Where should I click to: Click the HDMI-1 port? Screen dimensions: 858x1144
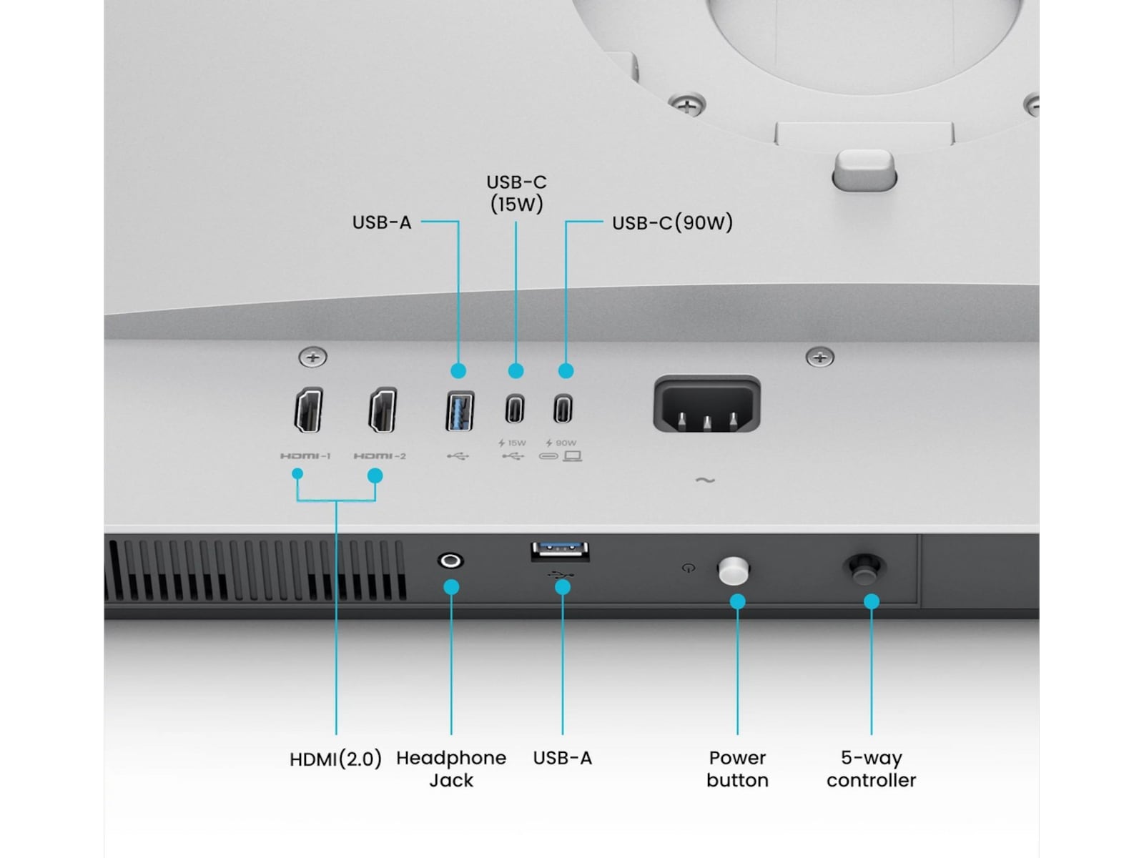click(x=309, y=410)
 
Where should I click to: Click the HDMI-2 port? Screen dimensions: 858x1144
click(x=383, y=410)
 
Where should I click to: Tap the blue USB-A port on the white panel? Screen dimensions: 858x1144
click(x=460, y=410)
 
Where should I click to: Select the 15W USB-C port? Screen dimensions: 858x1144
click(x=515, y=410)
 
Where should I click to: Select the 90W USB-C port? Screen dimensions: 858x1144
click(x=563, y=410)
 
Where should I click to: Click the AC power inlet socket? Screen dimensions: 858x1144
click(x=706, y=405)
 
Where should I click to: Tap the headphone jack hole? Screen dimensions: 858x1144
click(x=450, y=561)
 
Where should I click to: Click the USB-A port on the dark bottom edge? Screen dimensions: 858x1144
click(x=560, y=551)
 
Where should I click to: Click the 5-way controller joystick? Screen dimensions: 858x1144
click(x=864, y=568)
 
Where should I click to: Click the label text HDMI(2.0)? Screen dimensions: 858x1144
click(x=335, y=759)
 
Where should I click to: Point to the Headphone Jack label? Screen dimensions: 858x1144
click(x=451, y=769)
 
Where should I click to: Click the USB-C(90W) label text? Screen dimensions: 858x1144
click(x=672, y=222)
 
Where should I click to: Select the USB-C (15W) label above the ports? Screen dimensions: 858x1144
click(x=516, y=193)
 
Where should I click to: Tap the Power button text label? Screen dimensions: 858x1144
click(x=737, y=769)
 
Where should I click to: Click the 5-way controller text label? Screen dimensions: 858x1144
click(x=871, y=769)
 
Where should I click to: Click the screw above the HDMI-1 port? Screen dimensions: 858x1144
click(x=312, y=356)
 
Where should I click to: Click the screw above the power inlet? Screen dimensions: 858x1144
click(x=819, y=356)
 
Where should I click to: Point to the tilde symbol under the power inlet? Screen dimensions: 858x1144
click(x=705, y=480)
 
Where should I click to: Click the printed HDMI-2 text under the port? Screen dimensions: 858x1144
click(x=380, y=456)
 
